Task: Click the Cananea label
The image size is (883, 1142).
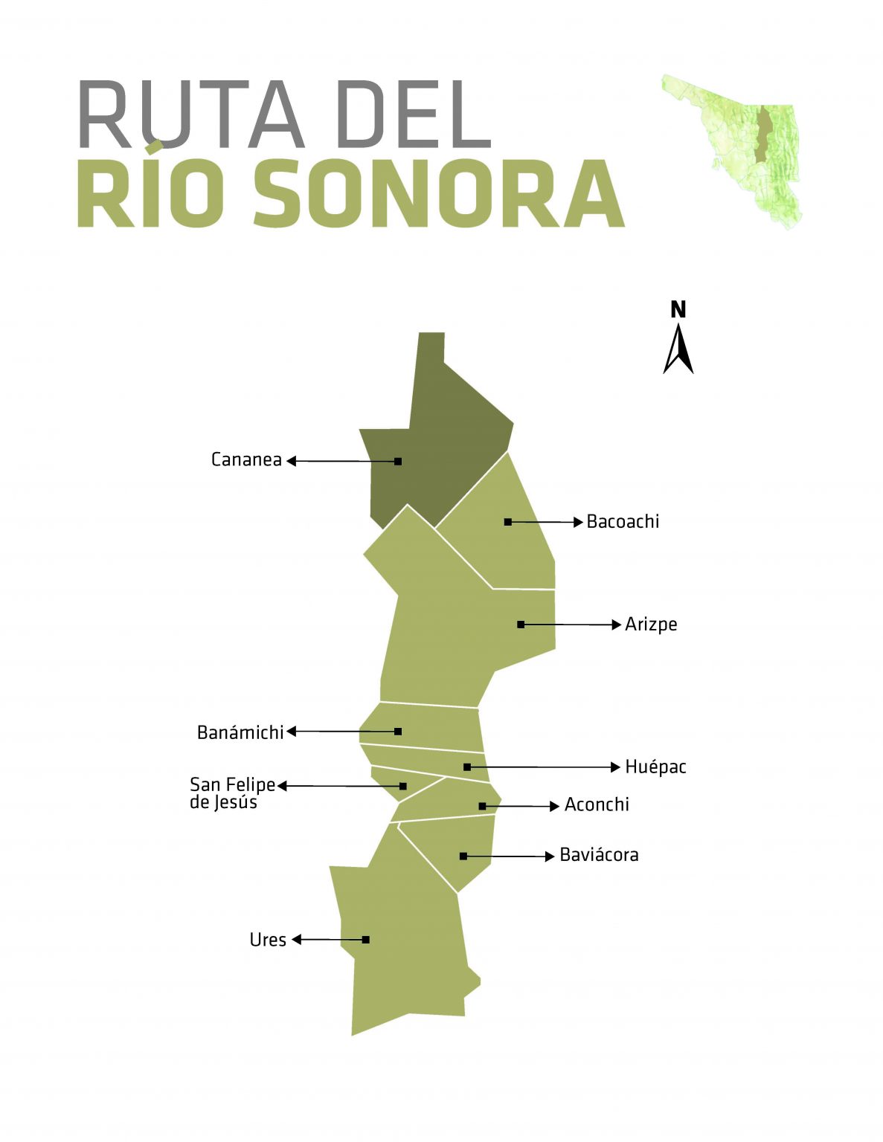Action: (246, 459)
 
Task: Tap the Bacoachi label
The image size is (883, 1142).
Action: (623, 521)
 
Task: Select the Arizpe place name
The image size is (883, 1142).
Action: (651, 624)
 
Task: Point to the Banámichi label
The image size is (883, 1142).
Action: (240, 732)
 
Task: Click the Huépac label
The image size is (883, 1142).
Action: (655, 767)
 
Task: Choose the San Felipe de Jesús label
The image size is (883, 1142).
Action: (231, 793)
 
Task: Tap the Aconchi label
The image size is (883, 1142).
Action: (597, 804)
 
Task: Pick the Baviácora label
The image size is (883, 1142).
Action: (599, 855)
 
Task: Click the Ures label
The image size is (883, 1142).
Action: (268, 940)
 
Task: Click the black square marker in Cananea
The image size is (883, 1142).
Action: (398, 461)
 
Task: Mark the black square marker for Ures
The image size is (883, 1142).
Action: (366, 940)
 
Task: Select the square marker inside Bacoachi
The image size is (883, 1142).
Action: (508, 522)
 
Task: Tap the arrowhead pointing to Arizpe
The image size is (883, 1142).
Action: (616, 625)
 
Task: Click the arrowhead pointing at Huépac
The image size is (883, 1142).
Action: (615, 767)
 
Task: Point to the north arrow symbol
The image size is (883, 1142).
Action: (678, 349)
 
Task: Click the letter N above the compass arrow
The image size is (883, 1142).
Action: (678, 309)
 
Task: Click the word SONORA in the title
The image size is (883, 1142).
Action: (439, 195)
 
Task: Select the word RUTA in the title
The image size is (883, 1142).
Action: (190, 115)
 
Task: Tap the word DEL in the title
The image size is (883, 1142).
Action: (414, 115)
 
